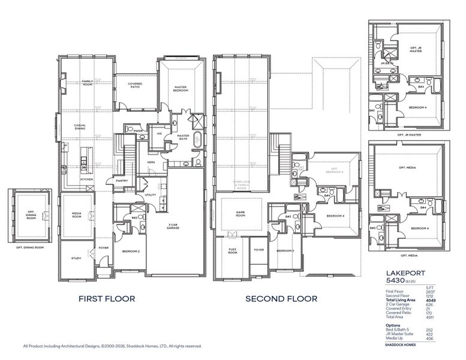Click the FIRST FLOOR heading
[107, 298]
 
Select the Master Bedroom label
[181, 89]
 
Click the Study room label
[76, 259]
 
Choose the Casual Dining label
[80, 127]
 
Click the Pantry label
[122, 180]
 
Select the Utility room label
[151, 195]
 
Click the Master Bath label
[184, 137]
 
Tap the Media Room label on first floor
[77, 215]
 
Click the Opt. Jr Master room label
[417, 49]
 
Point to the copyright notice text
[112, 346]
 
